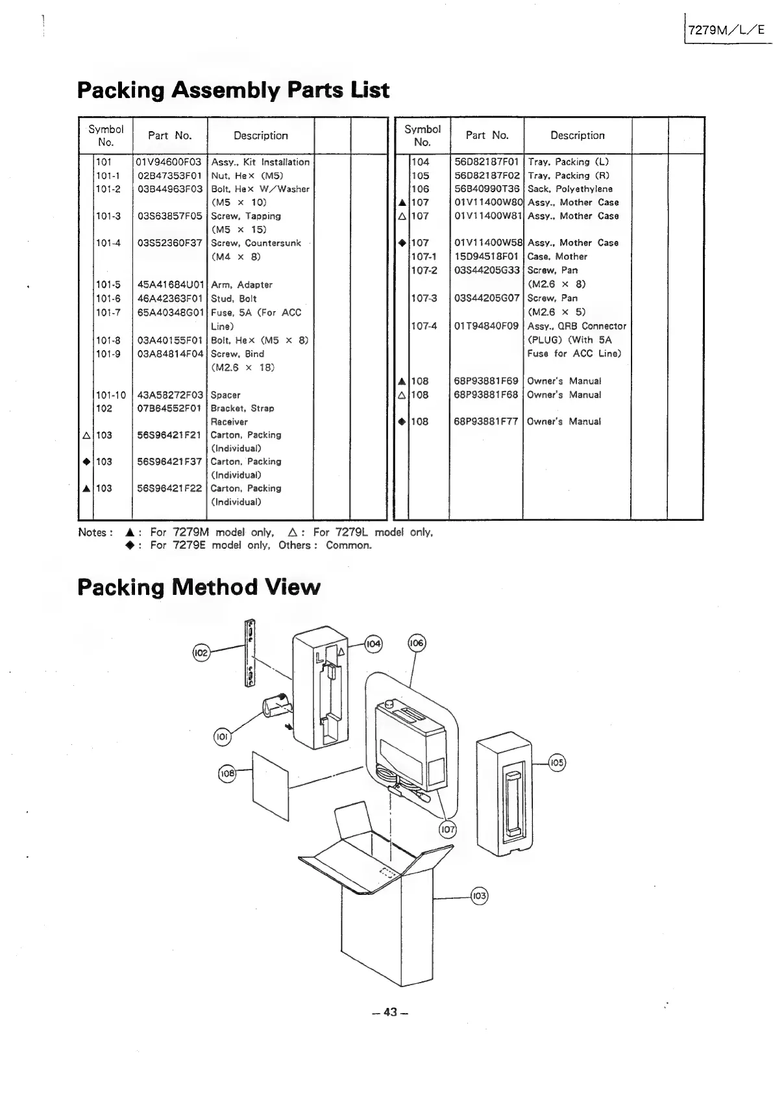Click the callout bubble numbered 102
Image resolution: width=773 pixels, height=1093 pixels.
pyautogui.click(x=201, y=652)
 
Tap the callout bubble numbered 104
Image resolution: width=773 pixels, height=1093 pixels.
pyautogui.click(x=373, y=644)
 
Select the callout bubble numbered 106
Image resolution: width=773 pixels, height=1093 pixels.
pyautogui.click(x=416, y=643)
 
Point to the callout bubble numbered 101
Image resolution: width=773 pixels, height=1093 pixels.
pyautogui.click(x=222, y=737)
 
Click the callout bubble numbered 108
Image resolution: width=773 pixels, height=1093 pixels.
pyautogui.click(x=227, y=773)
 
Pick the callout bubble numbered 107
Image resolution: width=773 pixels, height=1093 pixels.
pyautogui.click(x=448, y=829)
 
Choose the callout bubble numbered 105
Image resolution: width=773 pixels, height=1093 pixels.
pyautogui.click(x=557, y=762)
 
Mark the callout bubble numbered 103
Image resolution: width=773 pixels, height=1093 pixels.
pyautogui.click(x=479, y=896)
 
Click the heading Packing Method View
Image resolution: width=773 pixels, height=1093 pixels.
pyautogui.click(x=199, y=587)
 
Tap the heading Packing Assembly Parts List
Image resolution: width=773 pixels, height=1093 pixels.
pyautogui.click(x=233, y=90)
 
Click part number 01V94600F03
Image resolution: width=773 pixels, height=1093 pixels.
pyautogui.click(x=169, y=162)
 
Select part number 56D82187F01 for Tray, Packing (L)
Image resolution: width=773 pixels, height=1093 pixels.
pyautogui.click(x=487, y=162)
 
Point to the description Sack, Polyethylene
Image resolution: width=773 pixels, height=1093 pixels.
pyautogui.click(x=570, y=189)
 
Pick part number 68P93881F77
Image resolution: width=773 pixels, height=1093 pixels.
pyautogui.click(x=487, y=421)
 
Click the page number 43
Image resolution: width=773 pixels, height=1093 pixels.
pyautogui.click(x=389, y=1012)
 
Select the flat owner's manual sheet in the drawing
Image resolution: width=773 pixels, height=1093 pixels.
pyautogui.click(x=269, y=786)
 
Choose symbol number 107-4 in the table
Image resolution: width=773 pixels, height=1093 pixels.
pyautogui.click(x=424, y=326)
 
